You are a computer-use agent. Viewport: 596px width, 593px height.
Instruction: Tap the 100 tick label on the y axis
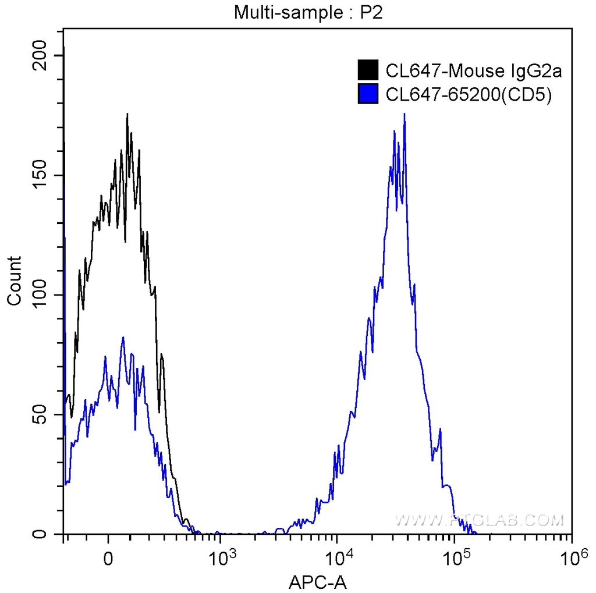coord(40,295)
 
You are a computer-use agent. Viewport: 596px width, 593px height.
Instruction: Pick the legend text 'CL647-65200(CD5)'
coord(468,94)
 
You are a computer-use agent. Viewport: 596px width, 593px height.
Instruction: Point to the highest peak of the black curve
coord(127,115)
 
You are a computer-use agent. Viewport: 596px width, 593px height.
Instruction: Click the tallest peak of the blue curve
coord(404,115)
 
